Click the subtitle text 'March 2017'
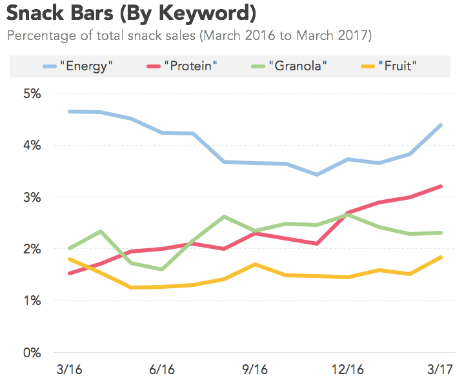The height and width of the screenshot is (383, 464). pos(336,35)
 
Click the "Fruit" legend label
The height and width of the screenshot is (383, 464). pos(398,66)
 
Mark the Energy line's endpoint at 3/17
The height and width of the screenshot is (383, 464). pos(441,125)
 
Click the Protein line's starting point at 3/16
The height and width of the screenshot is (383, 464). pos(70,273)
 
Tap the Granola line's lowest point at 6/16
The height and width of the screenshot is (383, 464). pos(162,270)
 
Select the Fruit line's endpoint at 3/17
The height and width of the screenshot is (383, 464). pos(441,257)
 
